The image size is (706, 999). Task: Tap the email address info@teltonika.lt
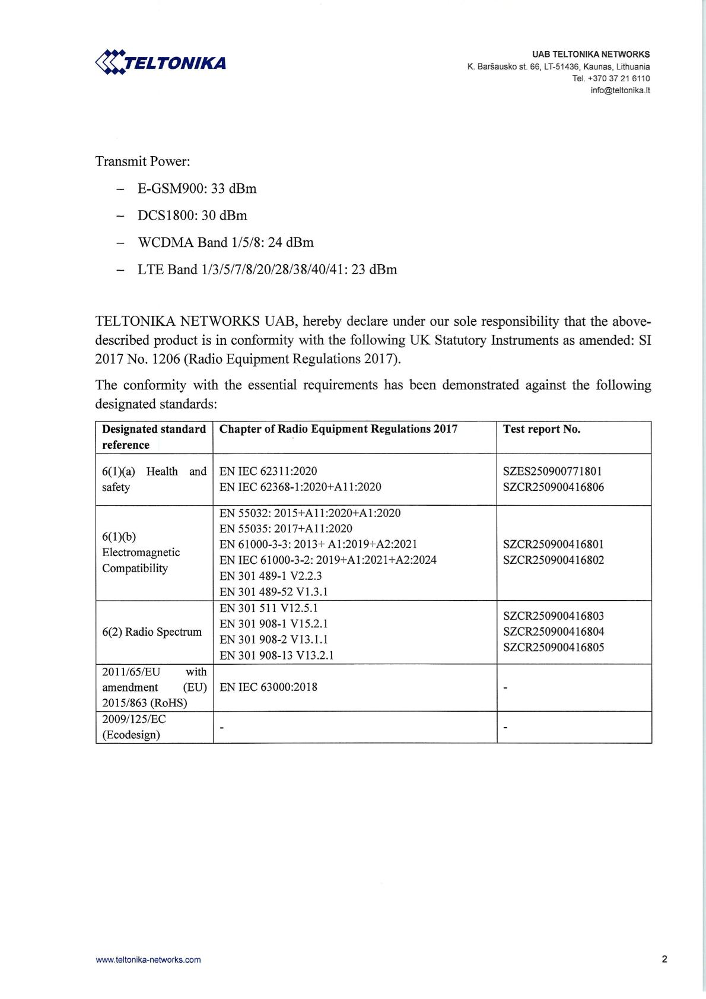(x=620, y=90)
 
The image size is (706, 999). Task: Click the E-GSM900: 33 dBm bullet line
(x=197, y=189)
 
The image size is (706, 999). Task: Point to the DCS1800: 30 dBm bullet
(x=192, y=215)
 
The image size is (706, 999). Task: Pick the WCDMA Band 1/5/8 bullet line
(x=225, y=242)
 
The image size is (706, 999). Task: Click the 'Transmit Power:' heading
(x=142, y=161)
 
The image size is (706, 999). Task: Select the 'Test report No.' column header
(x=542, y=429)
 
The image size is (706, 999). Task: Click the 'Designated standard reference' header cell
(x=154, y=437)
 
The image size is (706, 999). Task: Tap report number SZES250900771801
(x=552, y=471)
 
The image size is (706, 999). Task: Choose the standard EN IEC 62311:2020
(x=268, y=471)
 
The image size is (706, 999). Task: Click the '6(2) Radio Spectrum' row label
(x=152, y=632)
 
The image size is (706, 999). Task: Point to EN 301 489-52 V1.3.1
(x=274, y=591)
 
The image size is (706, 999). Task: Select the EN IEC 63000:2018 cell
(x=268, y=687)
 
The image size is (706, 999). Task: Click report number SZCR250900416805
(x=554, y=647)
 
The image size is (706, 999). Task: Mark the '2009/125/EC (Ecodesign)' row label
(x=134, y=727)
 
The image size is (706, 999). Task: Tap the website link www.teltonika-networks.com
(x=148, y=959)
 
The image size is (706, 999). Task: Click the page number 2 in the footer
(x=664, y=959)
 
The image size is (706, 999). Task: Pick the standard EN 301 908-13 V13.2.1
(x=276, y=655)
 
